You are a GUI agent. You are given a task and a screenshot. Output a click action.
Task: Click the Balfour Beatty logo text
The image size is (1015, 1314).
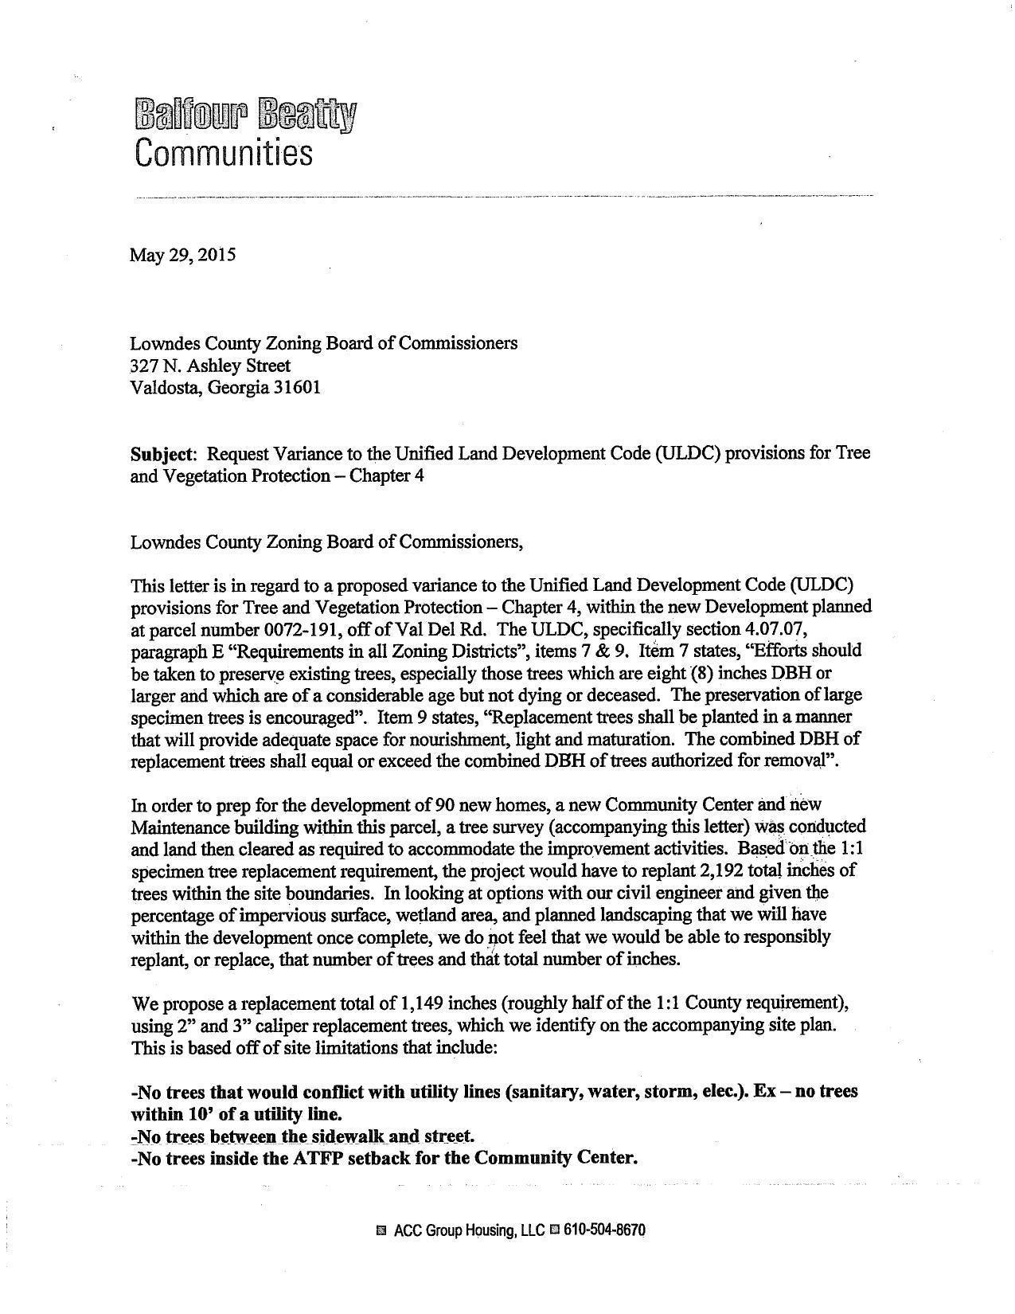(246, 115)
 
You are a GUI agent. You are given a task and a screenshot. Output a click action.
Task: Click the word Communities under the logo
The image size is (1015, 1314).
(224, 152)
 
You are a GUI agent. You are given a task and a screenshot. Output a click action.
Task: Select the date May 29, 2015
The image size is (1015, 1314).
(183, 256)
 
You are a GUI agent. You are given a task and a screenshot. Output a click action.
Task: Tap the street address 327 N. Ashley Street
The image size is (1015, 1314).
(210, 366)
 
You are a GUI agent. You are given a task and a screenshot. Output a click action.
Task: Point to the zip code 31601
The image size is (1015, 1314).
(297, 388)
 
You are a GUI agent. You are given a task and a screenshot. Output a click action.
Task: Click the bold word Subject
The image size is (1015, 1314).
(162, 453)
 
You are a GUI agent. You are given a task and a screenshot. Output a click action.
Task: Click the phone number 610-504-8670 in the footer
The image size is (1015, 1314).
(604, 1230)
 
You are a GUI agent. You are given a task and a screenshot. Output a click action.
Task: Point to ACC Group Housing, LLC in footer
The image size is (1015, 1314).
(469, 1230)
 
